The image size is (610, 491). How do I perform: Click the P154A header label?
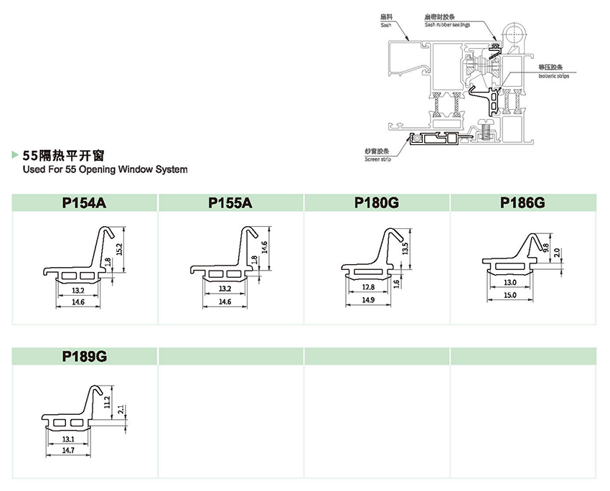pyautogui.click(x=84, y=203)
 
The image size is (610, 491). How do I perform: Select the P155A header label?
pyautogui.click(x=230, y=203)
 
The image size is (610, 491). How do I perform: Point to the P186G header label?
pyautogui.click(x=522, y=203)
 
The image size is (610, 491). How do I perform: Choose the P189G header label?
pyautogui.click(x=84, y=357)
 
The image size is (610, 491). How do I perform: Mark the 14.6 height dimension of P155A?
pyautogui.click(x=264, y=249)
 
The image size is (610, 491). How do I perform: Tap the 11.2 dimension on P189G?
pyautogui.click(x=108, y=402)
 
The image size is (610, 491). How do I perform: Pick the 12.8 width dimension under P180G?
pyautogui.click(x=369, y=287)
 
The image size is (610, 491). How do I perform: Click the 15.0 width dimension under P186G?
pyautogui.click(x=510, y=294)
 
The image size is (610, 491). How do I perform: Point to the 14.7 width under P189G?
pyautogui.click(x=69, y=449)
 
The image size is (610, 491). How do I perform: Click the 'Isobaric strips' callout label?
pyautogui.click(x=553, y=75)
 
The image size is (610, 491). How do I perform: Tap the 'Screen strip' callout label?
pyautogui.click(x=377, y=159)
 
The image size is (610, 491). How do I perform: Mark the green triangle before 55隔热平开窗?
pyautogui.click(x=17, y=154)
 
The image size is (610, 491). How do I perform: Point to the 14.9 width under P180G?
pyautogui.click(x=369, y=299)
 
